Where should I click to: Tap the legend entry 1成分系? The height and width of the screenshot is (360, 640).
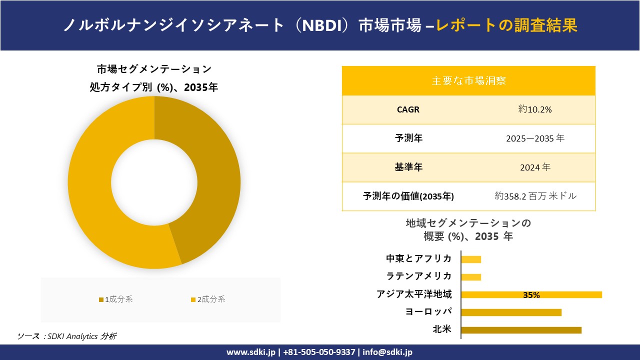tap(116, 299)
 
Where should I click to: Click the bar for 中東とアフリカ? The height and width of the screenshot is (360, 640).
tap(470, 259)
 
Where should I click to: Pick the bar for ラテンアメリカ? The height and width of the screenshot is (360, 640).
tap(470, 277)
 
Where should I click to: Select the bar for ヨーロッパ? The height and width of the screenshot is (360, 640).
tap(510, 312)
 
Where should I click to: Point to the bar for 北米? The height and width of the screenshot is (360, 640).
tap(520, 330)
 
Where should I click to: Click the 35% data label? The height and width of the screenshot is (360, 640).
tap(531, 295)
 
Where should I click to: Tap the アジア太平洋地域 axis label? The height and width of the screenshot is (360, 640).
tap(414, 294)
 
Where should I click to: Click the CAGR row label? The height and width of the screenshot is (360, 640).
tap(408, 109)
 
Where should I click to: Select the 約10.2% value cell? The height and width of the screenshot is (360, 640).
tap(535, 109)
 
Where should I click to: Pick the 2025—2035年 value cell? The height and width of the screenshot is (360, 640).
tap(535, 138)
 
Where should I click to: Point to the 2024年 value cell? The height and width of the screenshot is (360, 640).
tap(535, 167)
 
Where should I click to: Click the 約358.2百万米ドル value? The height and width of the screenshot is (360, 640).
tap(535, 196)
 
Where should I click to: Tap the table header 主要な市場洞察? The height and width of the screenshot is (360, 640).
tap(468, 80)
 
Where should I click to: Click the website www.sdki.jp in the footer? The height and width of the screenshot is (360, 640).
tap(251, 352)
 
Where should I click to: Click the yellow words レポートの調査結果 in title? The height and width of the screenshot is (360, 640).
tap(506, 25)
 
